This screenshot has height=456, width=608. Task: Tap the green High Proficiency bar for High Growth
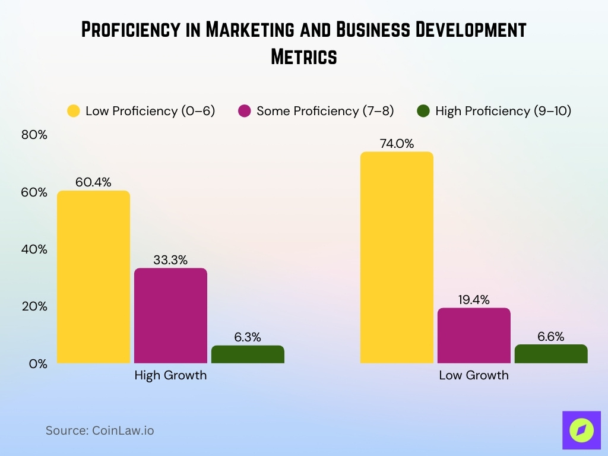248,354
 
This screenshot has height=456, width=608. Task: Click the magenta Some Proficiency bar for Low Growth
474,335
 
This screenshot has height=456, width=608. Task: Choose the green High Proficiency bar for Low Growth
551,354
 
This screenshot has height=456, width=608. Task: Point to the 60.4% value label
93,182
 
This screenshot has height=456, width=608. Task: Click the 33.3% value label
170,260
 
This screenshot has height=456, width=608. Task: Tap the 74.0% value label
397,144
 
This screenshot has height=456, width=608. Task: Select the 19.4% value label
474,300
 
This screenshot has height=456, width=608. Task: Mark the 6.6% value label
551,337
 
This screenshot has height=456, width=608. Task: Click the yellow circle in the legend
74,111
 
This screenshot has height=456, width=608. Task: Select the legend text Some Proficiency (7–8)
325,111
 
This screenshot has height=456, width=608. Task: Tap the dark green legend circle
423,111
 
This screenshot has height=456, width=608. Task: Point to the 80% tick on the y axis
34,135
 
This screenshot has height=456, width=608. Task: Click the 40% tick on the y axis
34,249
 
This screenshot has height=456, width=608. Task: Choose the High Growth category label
170,375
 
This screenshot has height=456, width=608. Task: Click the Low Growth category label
474,375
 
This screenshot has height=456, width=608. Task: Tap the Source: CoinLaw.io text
100,430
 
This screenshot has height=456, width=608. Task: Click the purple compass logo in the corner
581,430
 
